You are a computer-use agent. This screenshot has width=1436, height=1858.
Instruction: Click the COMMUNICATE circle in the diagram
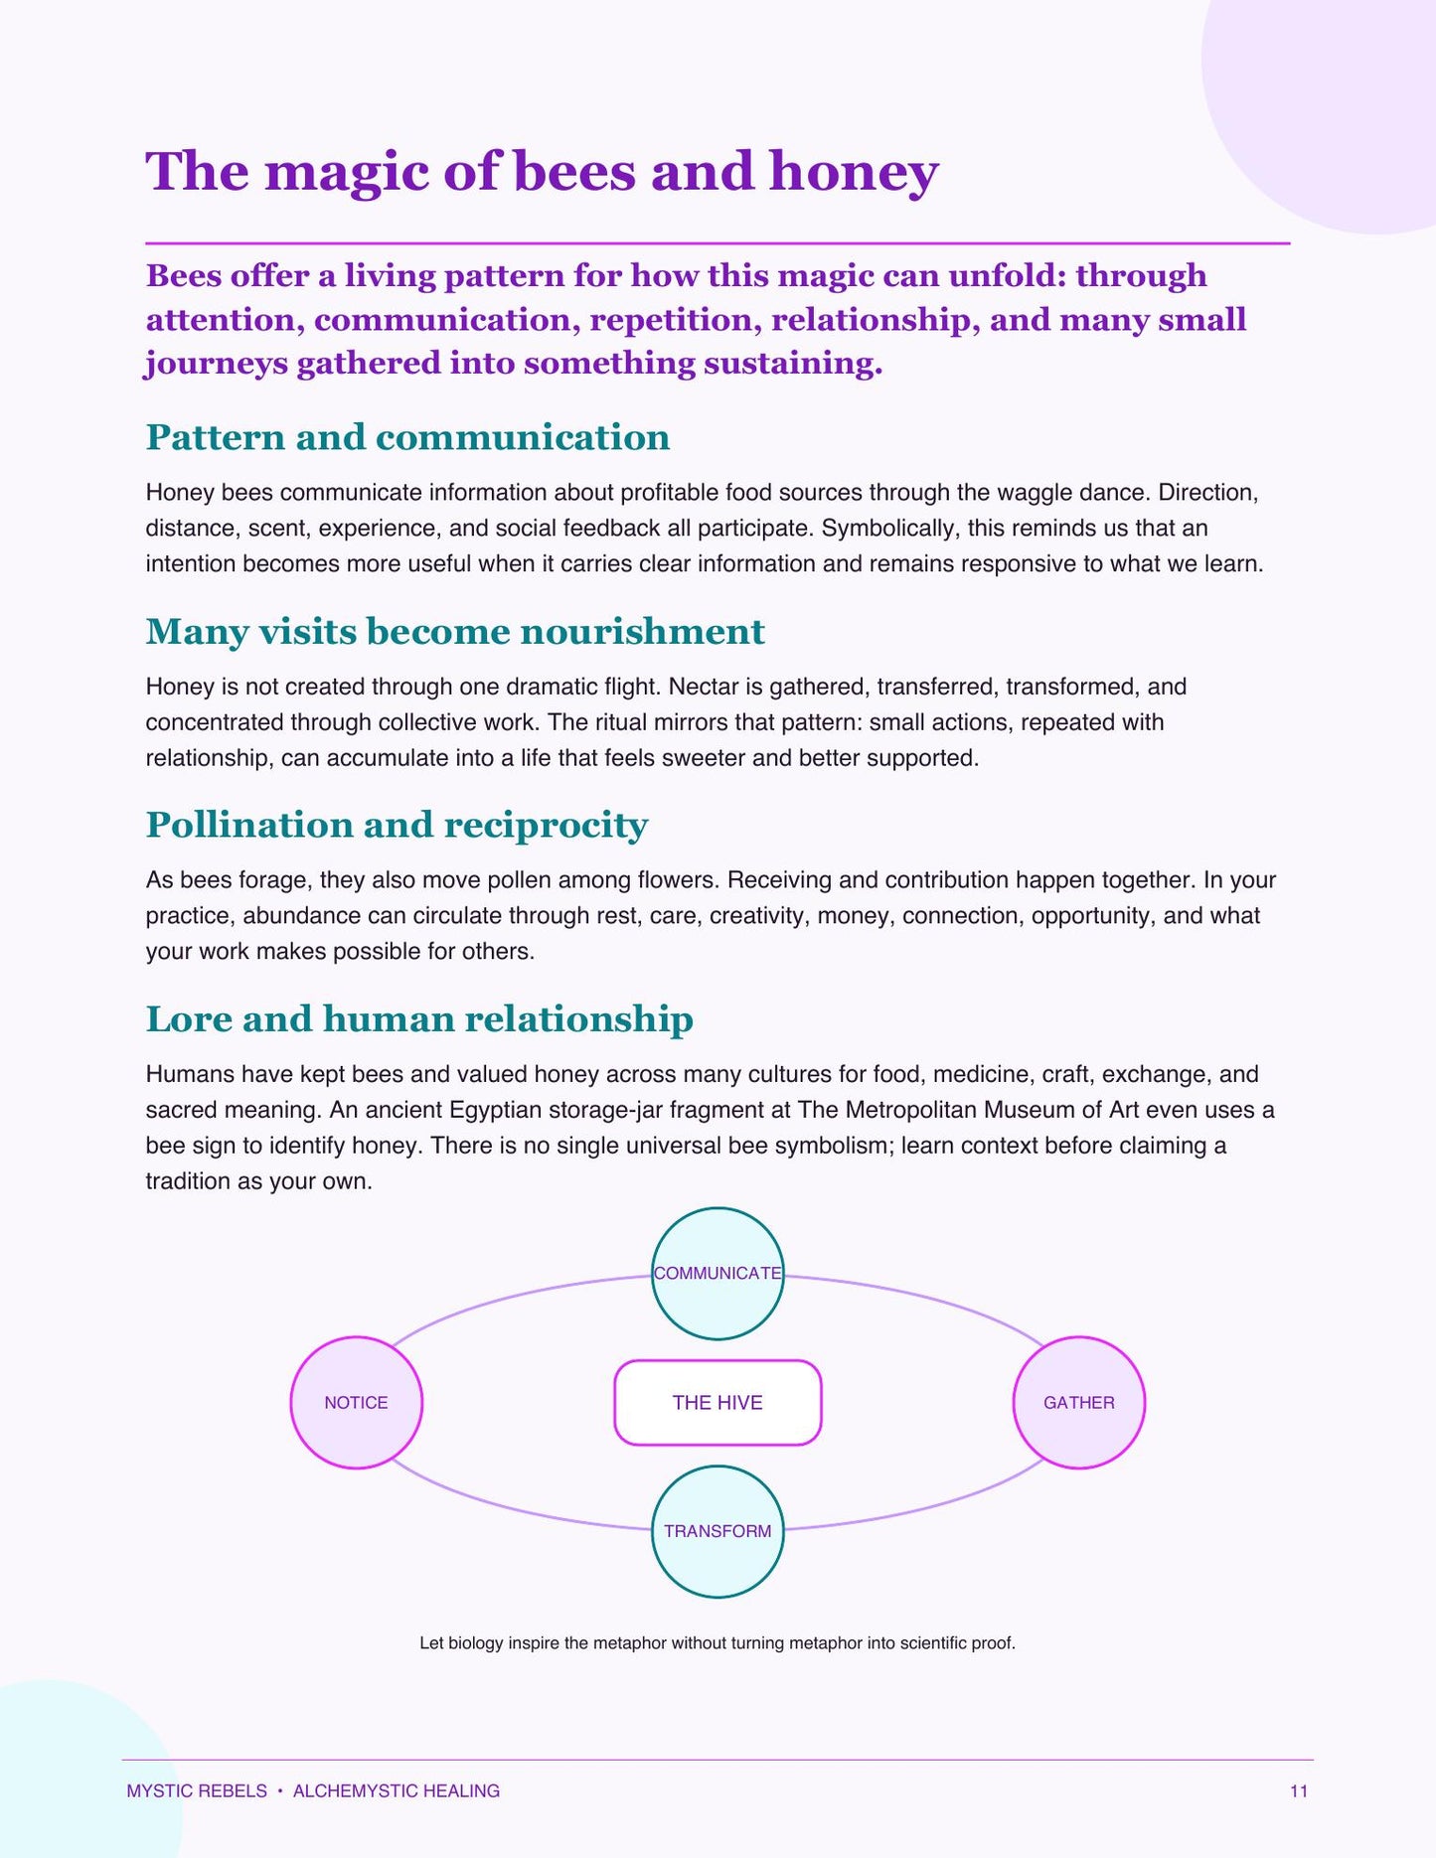pos(718,1273)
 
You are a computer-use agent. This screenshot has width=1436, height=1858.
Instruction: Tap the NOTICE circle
pos(356,1402)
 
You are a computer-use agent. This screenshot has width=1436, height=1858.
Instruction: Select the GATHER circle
pos(1079,1402)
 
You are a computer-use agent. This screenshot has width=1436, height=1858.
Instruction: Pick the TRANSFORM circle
pos(718,1531)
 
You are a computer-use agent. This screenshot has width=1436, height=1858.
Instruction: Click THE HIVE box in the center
pos(718,1402)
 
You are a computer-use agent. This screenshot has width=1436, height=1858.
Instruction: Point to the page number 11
pos(1299,1790)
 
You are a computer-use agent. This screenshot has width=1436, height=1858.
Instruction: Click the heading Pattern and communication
pos(407,437)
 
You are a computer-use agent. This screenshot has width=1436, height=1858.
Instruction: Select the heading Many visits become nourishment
pos(455,632)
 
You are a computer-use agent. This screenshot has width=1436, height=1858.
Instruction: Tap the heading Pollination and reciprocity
pos(397,825)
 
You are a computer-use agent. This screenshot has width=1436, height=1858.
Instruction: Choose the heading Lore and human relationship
pos(419,1019)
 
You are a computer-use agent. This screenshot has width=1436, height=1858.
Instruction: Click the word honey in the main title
pos(854,172)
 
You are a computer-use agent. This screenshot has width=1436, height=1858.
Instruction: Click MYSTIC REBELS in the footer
pos(197,1790)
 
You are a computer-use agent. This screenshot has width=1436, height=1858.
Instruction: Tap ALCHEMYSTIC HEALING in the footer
pos(397,1790)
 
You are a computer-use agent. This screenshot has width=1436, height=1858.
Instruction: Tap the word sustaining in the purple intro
pos(793,364)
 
